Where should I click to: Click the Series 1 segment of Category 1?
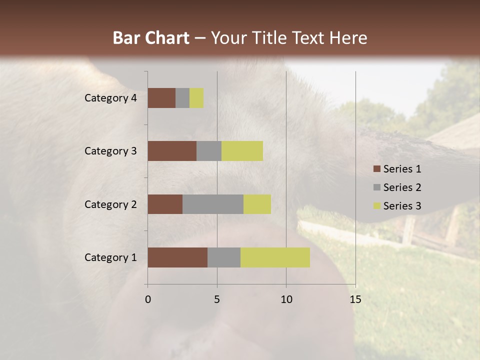(177, 257)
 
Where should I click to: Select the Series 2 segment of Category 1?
(224, 257)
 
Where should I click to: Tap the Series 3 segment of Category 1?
(275, 257)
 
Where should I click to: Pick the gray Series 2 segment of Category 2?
(213, 204)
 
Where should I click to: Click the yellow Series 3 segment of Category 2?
(257, 204)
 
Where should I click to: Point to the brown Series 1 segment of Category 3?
(172, 151)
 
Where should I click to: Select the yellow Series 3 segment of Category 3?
(242, 151)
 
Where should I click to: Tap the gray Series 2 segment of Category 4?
(182, 98)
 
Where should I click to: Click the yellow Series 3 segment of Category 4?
(196, 98)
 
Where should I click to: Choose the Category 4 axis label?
(110, 98)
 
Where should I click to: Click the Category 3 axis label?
(110, 151)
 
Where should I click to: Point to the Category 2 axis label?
(110, 204)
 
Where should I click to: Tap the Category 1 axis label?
(110, 257)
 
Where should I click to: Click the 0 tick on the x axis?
(148, 299)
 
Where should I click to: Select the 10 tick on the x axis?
(286, 299)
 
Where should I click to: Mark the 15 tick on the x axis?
(355, 299)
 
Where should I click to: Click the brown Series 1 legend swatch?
(376, 169)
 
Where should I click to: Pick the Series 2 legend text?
(402, 187)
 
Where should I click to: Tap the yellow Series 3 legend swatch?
(376, 206)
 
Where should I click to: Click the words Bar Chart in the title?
(151, 38)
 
